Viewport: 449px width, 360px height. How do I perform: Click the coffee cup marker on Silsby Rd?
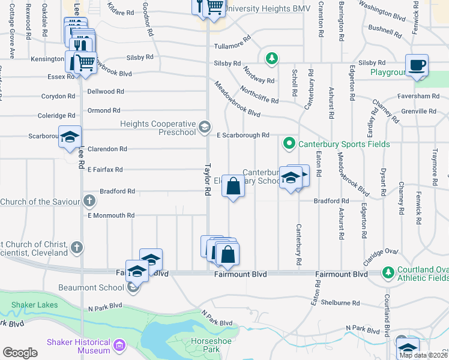point(417,65)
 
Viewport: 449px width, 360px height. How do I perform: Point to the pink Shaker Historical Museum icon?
point(119,346)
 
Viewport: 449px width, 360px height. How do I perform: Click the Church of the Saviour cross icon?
point(89,200)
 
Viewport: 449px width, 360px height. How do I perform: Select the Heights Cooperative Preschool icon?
point(205,126)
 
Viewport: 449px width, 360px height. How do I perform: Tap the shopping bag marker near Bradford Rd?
point(234,188)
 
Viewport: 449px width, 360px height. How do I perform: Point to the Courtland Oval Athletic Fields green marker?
point(388,273)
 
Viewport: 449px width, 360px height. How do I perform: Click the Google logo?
point(20,353)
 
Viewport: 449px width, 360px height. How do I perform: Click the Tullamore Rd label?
point(232,43)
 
